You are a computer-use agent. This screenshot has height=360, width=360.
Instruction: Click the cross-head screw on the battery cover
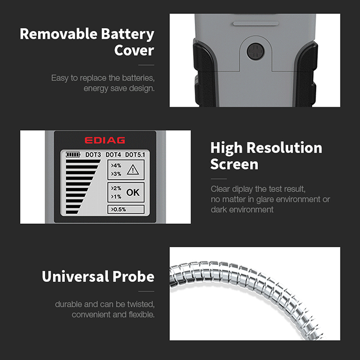pyautogui.click(x=255, y=51)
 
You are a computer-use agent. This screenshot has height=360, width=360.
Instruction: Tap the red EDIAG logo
pyautogui.click(x=105, y=140)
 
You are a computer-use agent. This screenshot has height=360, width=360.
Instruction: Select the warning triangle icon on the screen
pyautogui.click(x=133, y=170)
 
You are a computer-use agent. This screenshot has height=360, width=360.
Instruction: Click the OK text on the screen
pyautogui.click(x=133, y=193)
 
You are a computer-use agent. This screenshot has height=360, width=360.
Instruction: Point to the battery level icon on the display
pyautogui.click(x=73, y=154)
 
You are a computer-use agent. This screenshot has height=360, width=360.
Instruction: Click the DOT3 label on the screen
pyautogui.click(x=93, y=155)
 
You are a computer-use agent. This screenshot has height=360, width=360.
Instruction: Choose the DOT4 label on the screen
pyautogui.click(x=113, y=155)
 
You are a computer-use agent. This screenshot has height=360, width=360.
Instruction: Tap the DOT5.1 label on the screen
pyautogui.click(x=135, y=155)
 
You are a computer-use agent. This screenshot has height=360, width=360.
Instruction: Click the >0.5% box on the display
pyautogui.click(x=126, y=209)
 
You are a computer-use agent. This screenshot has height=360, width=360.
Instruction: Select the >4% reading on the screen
pyautogui.click(x=116, y=166)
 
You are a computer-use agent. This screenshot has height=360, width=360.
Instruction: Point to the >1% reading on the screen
pyautogui.click(x=116, y=197)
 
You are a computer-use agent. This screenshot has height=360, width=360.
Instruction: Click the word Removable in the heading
pyautogui.click(x=59, y=34)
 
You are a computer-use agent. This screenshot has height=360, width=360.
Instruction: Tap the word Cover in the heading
pyautogui.click(x=134, y=50)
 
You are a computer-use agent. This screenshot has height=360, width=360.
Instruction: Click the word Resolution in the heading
pyautogui.click(x=284, y=148)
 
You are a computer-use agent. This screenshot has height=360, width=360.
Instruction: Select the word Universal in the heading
pyautogui.click(x=75, y=276)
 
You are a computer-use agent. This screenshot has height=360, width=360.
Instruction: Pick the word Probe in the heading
pyautogui.click(x=133, y=276)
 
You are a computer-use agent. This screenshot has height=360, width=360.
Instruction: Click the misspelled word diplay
pyautogui.click(x=242, y=189)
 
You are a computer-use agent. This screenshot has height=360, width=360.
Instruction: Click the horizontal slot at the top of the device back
pyautogui.click(x=256, y=23)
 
